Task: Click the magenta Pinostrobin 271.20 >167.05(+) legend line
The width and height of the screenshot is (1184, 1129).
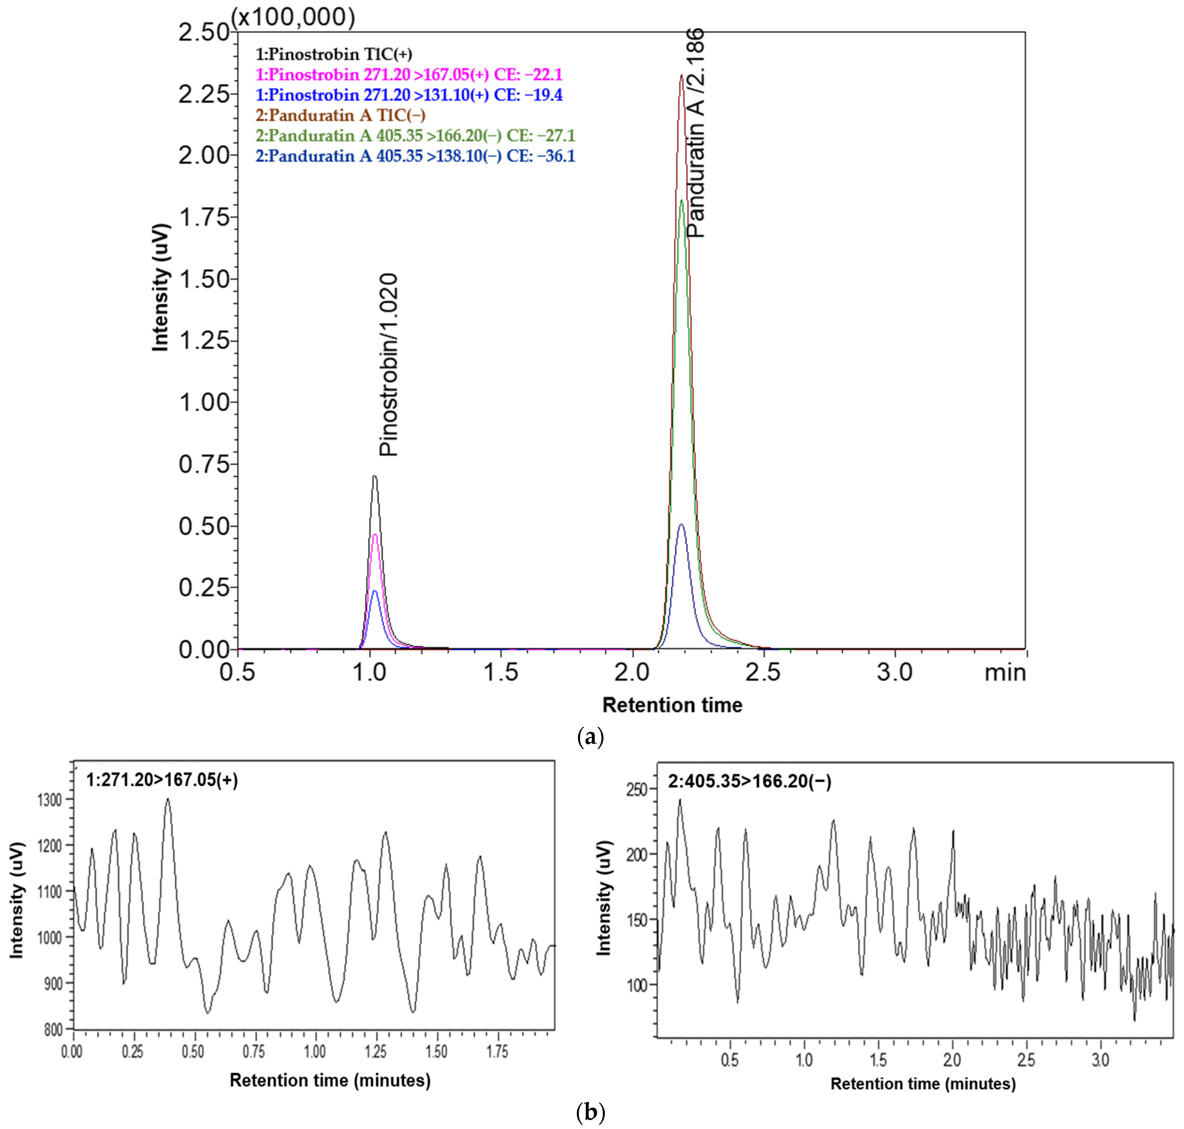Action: click(x=409, y=75)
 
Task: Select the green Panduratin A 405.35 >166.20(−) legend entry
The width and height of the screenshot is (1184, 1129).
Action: click(x=415, y=135)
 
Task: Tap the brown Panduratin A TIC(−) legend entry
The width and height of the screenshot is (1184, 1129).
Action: click(x=340, y=115)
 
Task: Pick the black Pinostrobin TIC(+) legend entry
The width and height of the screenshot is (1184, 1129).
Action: click(x=334, y=54)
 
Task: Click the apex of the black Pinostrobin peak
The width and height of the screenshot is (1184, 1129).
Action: click(x=374, y=476)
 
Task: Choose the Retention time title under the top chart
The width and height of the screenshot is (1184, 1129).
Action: click(x=672, y=705)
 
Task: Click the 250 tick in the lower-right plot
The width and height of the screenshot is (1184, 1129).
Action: click(x=637, y=790)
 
